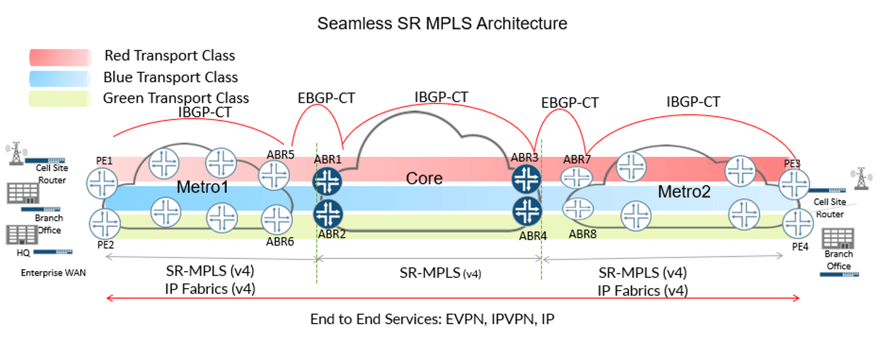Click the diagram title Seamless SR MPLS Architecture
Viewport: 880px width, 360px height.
pyautogui.click(x=442, y=23)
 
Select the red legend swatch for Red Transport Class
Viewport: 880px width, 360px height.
pyautogui.click(x=60, y=56)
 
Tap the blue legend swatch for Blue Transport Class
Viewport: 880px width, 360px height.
pyautogui.click(x=60, y=77)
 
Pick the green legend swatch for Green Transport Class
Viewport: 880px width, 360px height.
pyautogui.click(x=60, y=98)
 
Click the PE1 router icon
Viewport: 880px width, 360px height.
pyautogui.click(x=103, y=182)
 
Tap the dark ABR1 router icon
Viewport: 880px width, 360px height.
pyautogui.click(x=328, y=181)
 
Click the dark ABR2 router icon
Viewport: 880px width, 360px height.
pyautogui.click(x=328, y=213)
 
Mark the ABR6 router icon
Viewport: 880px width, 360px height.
pyautogui.click(x=276, y=219)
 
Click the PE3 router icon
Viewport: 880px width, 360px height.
pyautogui.click(x=794, y=183)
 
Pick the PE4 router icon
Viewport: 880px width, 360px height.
pyautogui.click(x=796, y=223)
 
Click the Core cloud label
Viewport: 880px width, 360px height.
pyautogui.click(x=424, y=179)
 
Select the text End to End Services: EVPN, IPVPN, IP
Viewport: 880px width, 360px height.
pyautogui.click(x=436, y=319)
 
